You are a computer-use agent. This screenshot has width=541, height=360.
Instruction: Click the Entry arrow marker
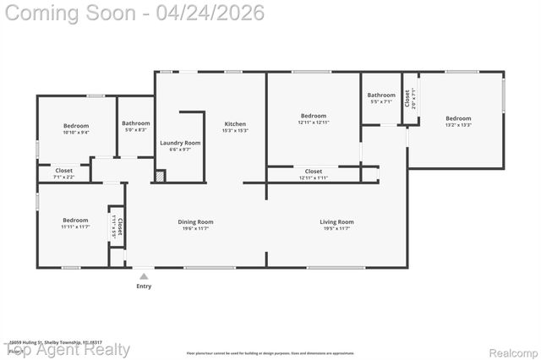point(145,276)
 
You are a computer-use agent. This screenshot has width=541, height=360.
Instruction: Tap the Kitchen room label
point(234,124)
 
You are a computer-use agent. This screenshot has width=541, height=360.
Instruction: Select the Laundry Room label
point(180,144)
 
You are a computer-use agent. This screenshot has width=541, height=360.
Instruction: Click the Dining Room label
point(195,222)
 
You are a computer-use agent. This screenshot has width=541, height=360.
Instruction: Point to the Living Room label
point(336,222)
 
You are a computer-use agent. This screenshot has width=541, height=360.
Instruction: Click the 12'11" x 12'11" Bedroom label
point(313,116)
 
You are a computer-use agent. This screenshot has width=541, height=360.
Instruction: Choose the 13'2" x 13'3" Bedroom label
point(458,118)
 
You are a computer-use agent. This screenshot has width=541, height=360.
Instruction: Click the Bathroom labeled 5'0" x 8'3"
point(135,123)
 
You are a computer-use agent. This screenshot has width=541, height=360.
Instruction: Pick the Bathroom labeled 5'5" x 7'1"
point(381,95)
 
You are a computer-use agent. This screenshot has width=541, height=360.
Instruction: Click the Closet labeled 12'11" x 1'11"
point(313,172)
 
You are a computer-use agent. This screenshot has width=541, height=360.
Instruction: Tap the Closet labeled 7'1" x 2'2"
point(64,171)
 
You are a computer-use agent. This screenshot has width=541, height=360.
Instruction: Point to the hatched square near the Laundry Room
point(159,176)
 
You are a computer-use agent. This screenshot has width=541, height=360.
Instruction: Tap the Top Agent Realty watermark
point(68,350)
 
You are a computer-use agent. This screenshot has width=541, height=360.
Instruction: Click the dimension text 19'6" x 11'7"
point(195,228)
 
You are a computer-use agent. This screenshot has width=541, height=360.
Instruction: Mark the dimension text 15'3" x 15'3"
point(234,131)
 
